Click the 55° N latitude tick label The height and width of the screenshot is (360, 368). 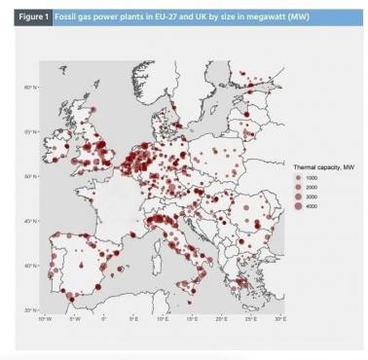(x=30, y=132)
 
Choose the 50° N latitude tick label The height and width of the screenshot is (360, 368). (x=30, y=177)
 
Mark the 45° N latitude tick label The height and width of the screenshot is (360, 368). (x=30, y=221)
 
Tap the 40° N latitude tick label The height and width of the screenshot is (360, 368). (x=30, y=266)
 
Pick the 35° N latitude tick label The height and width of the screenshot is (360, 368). (x=30, y=309)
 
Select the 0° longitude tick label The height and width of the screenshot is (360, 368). (x=103, y=318)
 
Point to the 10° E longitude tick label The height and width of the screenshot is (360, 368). (x=163, y=318)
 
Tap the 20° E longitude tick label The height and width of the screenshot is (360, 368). (x=221, y=318)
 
